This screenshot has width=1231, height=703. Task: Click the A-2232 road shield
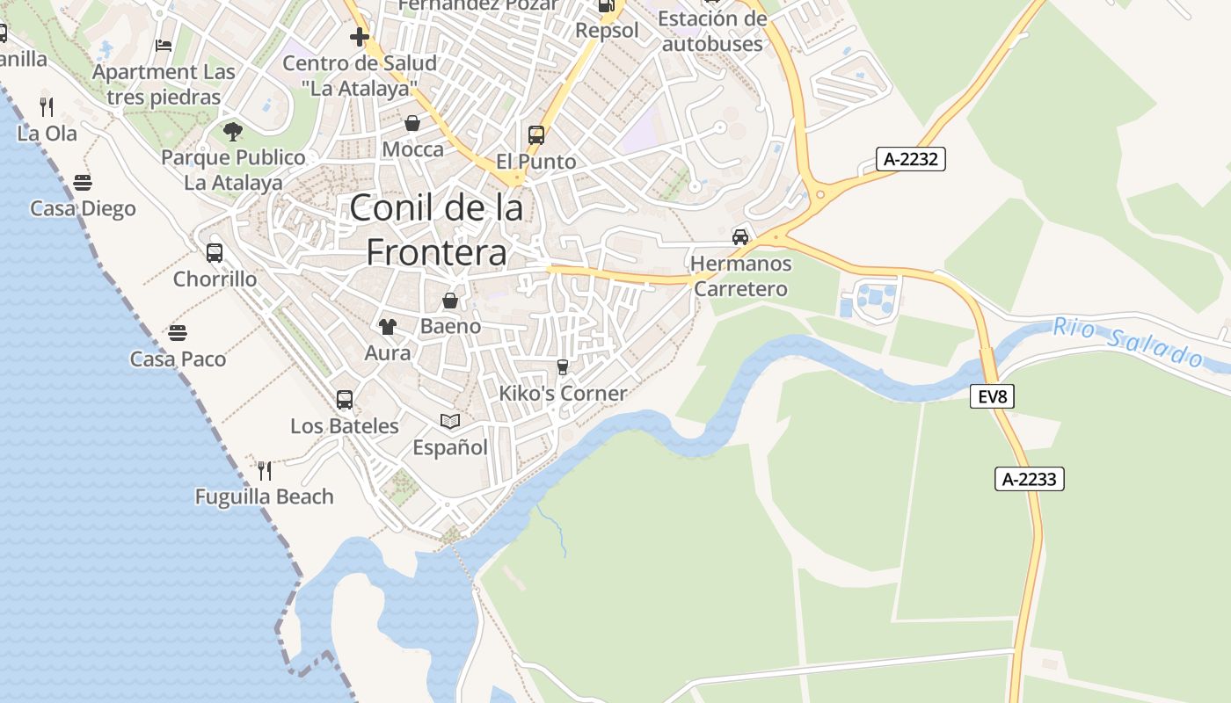(x=910, y=159)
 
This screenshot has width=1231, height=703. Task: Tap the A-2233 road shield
(x=1030, y=479)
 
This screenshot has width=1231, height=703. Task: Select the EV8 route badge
(x=992, y=396)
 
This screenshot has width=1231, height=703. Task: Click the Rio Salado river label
(x=1128, y=341)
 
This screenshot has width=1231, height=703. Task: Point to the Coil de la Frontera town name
(x=436, y=229)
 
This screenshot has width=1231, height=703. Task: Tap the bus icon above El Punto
(x=536, y=135)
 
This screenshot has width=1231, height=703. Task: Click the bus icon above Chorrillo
(x=215, y=253)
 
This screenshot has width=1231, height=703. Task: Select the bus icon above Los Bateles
(x=345, y=400)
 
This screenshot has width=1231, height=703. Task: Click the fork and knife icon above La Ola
(x=47, y=107)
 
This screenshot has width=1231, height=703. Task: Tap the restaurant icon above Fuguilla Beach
(x=264, y=470)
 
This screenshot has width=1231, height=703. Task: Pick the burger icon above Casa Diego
(x=83, y=183)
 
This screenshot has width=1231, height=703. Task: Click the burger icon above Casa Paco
(x=178, y=333)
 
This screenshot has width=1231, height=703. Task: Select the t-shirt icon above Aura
(x=387, y=327)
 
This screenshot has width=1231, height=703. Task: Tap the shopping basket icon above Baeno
(x=450, y=301)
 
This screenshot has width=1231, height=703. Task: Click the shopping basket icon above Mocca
(x=412, y=123)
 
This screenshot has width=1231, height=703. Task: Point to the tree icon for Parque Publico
(x=233, y=132)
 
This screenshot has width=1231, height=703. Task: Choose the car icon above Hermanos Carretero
(x=740, y=237)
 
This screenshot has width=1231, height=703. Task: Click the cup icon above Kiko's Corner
(x=563, y=366)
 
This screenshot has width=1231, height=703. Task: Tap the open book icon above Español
(x=450, y=422)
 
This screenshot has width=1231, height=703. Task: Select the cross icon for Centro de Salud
(x=359, y=37)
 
